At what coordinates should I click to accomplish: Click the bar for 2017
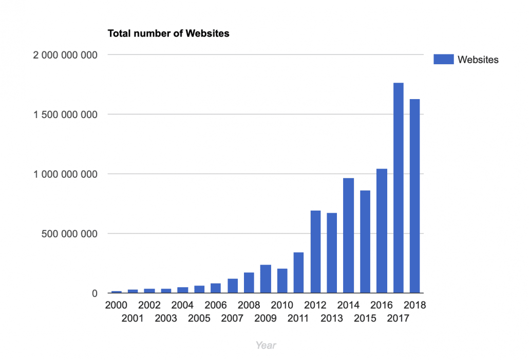tap(398, 188)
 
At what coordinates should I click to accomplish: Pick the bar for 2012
tap(315, 252)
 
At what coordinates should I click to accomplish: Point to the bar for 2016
tap(382, 231)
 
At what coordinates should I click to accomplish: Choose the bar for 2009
tap(266, 279)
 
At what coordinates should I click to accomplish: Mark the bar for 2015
tap(365, 242)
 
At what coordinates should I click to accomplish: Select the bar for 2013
tap(332, 253)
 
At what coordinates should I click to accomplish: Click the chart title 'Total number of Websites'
tap(168, 34)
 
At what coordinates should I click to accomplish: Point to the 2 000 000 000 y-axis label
tap(65, 55)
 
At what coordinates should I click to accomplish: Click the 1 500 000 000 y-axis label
tap(65, 115)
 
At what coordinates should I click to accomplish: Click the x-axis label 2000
tap(116, 306)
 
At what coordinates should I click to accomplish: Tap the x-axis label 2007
tap(232, 318)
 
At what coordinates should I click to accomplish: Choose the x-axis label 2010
tap(282, 306)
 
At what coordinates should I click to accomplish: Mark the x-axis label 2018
tap(414, 306)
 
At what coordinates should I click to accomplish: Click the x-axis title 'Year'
tap(266, 345)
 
